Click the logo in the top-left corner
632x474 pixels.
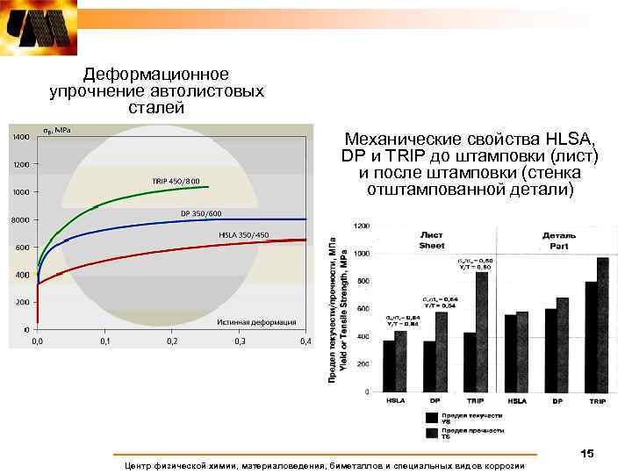(38, 27)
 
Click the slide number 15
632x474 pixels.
(586, 453)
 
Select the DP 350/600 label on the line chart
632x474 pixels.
(201, 213)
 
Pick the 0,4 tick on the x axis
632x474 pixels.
(305, 341)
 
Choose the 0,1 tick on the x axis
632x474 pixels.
(104, 341)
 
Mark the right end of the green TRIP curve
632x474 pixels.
(208, 186)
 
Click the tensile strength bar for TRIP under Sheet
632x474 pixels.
(481, 332)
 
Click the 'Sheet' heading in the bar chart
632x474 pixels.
(432, 241)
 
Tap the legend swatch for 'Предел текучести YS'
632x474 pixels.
(432, 418)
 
